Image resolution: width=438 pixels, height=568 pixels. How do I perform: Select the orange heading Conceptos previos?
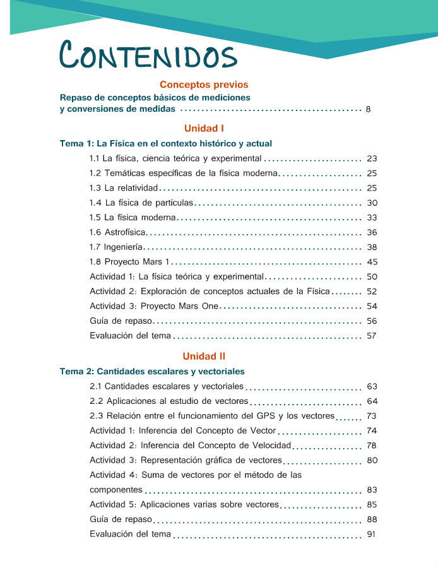click(x=204, y=84)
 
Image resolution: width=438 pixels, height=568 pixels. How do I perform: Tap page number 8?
click(x=368, y=110)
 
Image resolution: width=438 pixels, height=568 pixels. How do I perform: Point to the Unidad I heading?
click(x=204, y=128)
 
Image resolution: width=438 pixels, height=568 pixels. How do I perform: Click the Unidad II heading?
click(x=204, y=356)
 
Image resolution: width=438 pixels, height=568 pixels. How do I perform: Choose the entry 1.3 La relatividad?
click(x=124, y=188)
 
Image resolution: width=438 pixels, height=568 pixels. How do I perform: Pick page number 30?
click(x=372, y=203)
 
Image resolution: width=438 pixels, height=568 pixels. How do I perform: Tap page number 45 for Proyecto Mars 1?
click(x=372, y=262)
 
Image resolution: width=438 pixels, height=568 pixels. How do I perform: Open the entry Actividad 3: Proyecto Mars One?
click(x=154, y=306)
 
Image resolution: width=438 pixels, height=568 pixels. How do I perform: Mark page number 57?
click(x=372, y=336)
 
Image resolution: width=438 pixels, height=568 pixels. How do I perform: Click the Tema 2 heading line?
click(x=152, y=371)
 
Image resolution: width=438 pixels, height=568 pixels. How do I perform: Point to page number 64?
click(x=372, y=401)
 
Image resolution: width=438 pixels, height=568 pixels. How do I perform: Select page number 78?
click(x=372, y=446)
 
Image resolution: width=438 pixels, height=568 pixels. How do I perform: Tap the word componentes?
click(x=116, y=490)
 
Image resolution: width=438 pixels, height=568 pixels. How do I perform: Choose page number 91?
click(x=372, y=535)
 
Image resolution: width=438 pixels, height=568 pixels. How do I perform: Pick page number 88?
click(x=372, y=519)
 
